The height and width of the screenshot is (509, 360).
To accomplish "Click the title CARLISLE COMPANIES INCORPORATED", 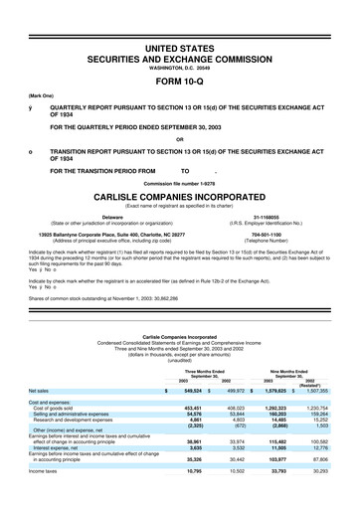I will point(180,168).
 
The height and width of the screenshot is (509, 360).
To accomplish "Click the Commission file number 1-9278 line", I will point(180,158).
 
